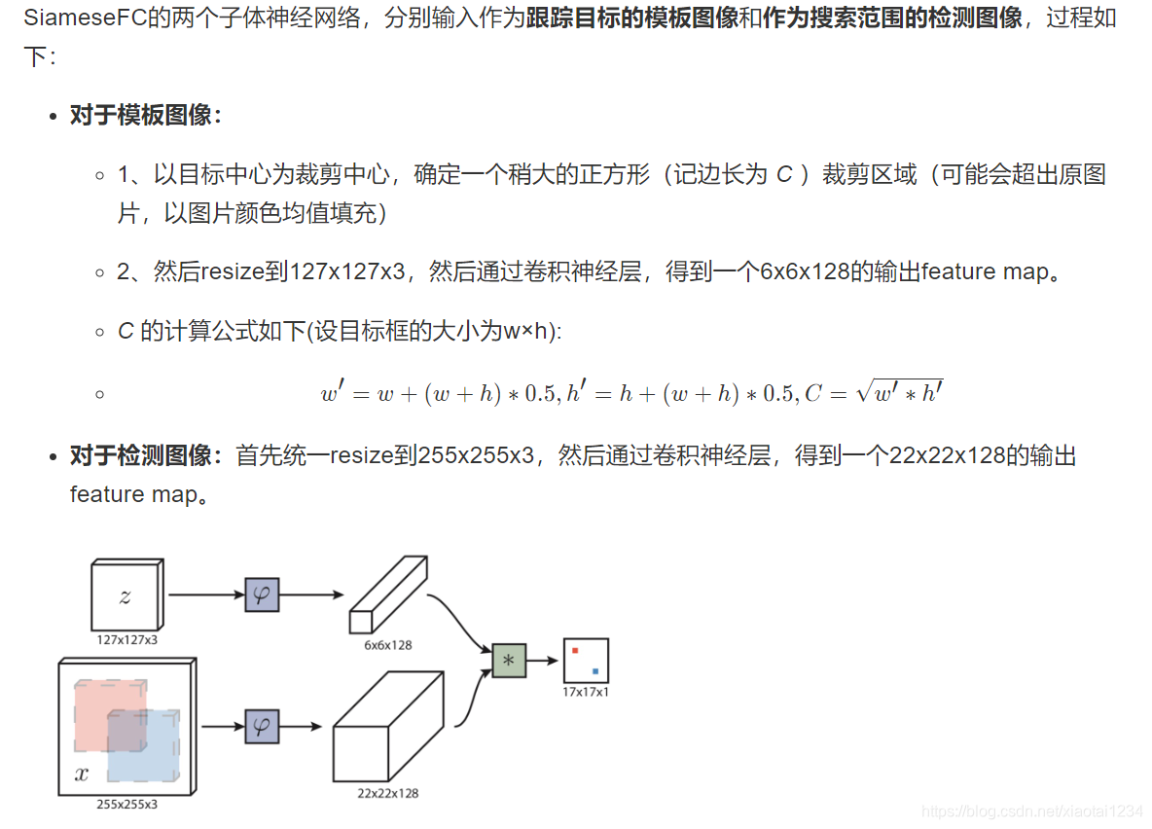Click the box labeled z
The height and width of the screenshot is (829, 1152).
pos(125,596)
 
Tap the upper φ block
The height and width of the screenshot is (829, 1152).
pos(261,594)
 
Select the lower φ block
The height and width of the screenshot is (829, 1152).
pos(261,726)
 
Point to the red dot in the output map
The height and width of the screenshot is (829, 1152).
pos(575,649)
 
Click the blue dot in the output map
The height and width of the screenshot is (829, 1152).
pos(594,670)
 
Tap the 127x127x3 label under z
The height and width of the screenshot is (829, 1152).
pos(126,640)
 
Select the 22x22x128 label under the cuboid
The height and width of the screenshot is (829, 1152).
pos(387,793)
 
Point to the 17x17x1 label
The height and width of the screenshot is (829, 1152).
pos(586,692)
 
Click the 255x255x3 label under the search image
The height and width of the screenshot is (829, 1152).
pos(126,805)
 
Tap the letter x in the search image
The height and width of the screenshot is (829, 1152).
pos(82,775)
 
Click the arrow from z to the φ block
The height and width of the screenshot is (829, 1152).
pos(205,594)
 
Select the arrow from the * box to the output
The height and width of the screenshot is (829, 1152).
pos(543,661)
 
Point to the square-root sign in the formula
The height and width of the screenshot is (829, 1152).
pos(864,393)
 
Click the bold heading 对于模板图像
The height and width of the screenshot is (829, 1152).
pos(146,116)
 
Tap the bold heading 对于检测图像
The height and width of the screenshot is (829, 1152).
pos(146,455)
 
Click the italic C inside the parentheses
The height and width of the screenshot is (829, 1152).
pos(784,175)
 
